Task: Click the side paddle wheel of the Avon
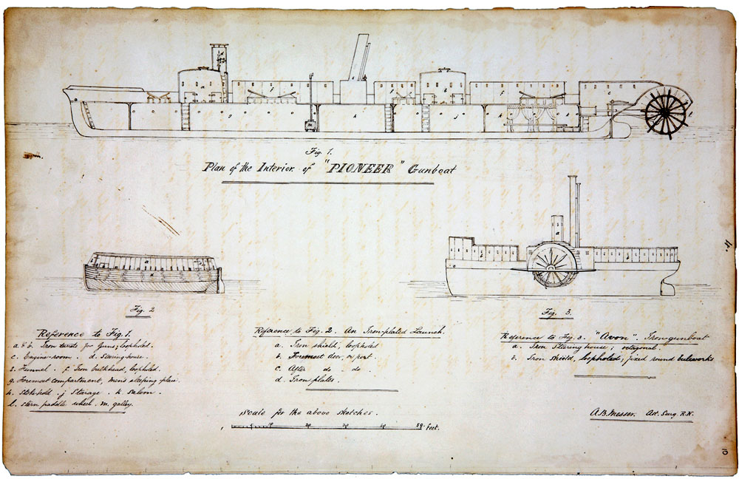click(552, 265)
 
